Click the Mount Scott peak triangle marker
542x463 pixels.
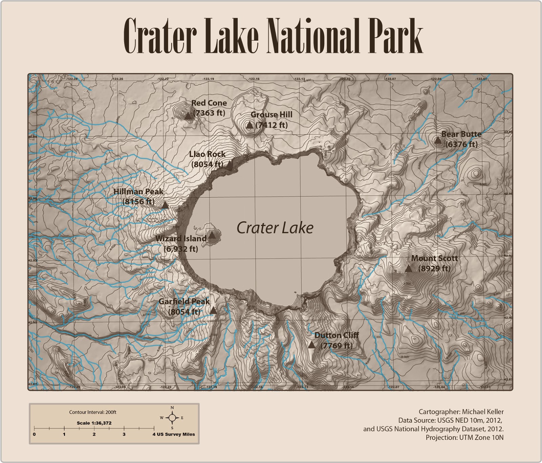click(409, 269)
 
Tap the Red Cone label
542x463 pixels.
click(209, 103)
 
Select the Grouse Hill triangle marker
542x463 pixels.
click(250, 125)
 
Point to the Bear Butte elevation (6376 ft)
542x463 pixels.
click(461, 144)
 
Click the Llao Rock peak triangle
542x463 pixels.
click(230, 165)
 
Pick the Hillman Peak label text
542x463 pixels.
click(138, 191)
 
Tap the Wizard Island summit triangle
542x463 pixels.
click(211, 234)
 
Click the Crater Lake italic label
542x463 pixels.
click(275, 228)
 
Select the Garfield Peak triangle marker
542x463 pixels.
click(213, 310)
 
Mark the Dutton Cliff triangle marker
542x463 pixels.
click(312, 345)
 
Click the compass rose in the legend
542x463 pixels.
click(172, 418)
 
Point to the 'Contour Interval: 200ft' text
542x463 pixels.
click(92, 412)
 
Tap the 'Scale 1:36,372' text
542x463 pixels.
click(94, 423)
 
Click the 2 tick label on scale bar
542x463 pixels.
click(94, 434)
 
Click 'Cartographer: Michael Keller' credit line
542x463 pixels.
click(461, 412)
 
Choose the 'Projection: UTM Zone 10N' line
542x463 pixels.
click(464, 437)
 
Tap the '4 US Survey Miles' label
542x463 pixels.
click(173, 434)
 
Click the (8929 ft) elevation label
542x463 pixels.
click(434, 269)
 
